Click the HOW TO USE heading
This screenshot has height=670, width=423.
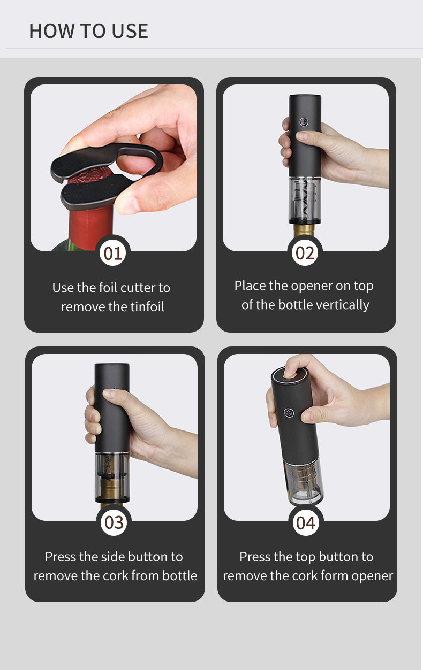[89, 31]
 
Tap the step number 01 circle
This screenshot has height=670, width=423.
[112, 253]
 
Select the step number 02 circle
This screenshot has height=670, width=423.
[305, 253]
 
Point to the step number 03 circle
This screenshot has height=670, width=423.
[114, 522]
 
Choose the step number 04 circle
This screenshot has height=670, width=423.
[306, 522]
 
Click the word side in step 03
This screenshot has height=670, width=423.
[112, 557]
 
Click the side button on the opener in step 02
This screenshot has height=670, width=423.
[304, 122]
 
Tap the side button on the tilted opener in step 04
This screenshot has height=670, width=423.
[289, 413]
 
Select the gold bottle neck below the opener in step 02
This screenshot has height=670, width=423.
[304, 230]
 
